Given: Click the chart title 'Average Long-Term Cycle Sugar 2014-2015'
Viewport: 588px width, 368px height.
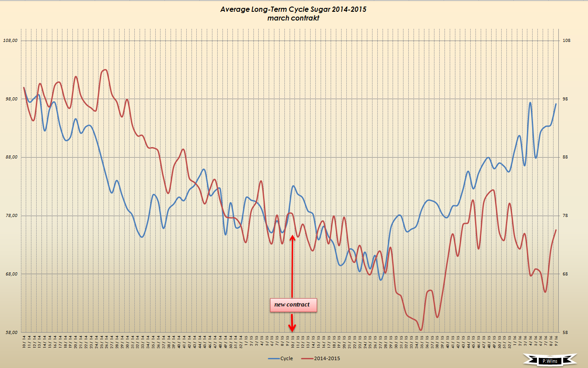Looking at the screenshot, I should pyautogui.click(x=293, y=9).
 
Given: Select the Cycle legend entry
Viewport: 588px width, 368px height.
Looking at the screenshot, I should pyautogui.click(x=281, y=358).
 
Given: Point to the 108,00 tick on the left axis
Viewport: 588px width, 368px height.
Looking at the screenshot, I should pyautogui.click(x=10, y=41).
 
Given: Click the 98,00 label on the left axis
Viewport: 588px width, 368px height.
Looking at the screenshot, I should pyautogui.click(x=10, y=99).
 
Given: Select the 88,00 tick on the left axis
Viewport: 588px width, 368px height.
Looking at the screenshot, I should pyautogui.click(x=10, y=157).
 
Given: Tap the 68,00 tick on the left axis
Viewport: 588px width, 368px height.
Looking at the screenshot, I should pyautogui.click(x=10, y=274).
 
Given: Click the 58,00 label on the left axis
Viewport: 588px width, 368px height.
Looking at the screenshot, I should pyautogui.click(x=10, y=332).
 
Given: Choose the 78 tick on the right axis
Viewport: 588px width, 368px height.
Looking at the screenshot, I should pyautogui.click(x=565, y=216).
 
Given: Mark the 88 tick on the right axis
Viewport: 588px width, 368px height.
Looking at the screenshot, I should pyautogui.click(x=565, y=157).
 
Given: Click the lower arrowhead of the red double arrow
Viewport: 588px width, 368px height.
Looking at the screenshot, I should pyautogui.click(x=292, y=328).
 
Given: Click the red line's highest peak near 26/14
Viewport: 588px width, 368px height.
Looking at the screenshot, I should pyautogui.click(x=105, y=70).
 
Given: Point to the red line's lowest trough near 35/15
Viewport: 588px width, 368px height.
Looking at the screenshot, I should pyautogui.click(x=420, y=330).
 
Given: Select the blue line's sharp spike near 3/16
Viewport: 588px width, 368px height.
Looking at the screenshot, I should pyautogui.click(x=530, y=103).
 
